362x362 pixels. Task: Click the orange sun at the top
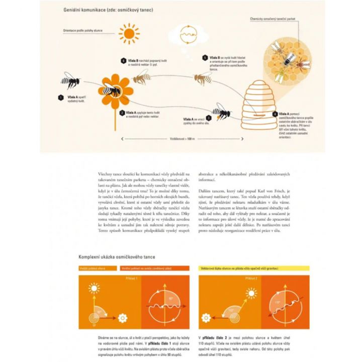pos(129,34)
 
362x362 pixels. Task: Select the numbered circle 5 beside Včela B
pos(205,58)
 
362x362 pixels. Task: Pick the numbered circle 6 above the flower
pos(123,61)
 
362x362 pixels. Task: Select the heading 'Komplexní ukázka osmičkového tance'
pos(117,257)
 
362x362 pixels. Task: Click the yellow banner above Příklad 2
pos(254,268)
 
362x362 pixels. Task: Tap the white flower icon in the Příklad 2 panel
pos(205,318)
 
